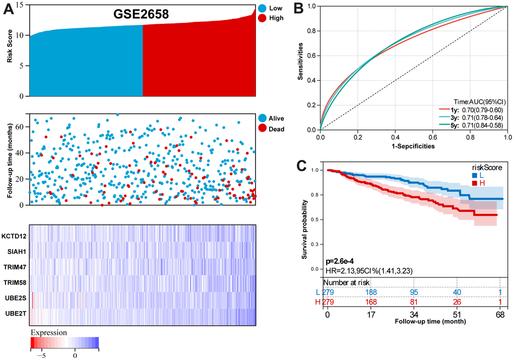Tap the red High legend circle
[x=262, y=18]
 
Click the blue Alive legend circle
[x=262, y=117]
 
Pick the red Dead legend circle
[x=262, y=129]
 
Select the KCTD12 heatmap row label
[x=14, y=235]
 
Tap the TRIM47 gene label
[x=15, y=267]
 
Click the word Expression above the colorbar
[x=48, y=333]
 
